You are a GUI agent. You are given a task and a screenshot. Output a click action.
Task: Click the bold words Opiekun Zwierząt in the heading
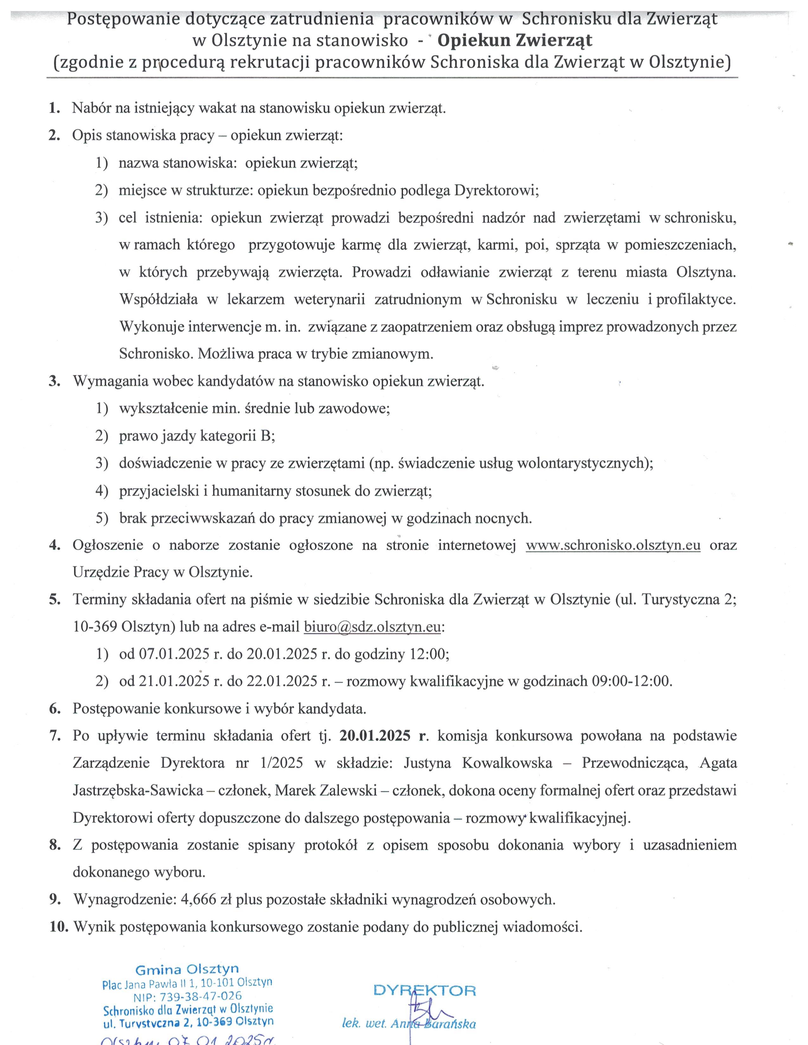click(515, 41)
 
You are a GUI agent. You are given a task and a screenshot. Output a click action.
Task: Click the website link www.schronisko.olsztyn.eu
click(613, 546)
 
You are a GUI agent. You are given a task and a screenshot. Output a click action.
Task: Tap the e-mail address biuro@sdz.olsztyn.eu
click(372, 627)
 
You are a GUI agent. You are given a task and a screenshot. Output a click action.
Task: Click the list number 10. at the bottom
click(59, 927)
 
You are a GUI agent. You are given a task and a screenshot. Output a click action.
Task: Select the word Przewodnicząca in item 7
click(635, 763)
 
